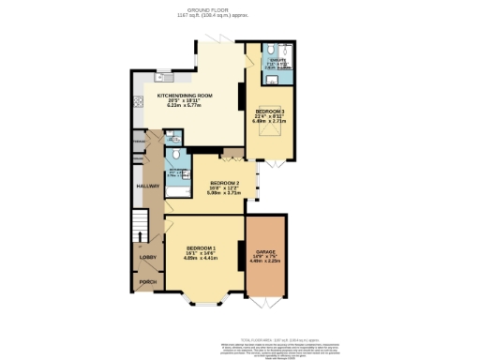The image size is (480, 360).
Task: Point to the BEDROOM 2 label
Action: point(225,182)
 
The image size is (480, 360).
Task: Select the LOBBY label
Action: point(148,256)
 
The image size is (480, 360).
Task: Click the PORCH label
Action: point(148,281)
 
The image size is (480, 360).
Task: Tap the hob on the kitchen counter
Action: point(138,101)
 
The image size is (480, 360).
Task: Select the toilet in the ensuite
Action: point(270,53)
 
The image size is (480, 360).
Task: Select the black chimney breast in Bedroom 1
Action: point(241,253)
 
